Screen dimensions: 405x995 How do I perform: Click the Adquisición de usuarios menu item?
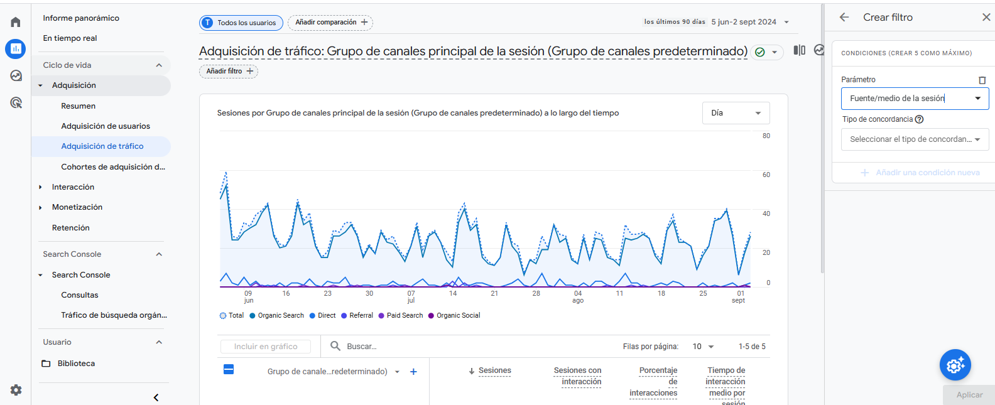[106, 126]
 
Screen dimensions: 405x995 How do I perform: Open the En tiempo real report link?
[70, 38]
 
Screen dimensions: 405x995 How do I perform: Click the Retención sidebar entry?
[71, 228]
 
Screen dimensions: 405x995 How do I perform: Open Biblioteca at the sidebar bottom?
[76, 364]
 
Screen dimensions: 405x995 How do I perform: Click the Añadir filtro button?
[229, 71]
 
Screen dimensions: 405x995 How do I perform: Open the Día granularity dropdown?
[736, 113]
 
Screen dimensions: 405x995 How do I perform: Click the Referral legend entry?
[361, 316]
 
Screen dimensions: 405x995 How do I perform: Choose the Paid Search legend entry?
[404, 316]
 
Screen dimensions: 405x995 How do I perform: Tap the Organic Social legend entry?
[458, 316]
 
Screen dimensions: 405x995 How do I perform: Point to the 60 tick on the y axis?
[766, 175]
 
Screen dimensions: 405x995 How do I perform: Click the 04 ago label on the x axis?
[578, 297]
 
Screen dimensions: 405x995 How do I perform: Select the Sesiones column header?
[494, 371]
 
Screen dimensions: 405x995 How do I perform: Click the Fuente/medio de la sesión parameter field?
[914, 99]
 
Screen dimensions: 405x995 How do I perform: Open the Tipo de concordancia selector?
[914, 139]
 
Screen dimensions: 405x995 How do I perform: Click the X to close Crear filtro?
[986, 18]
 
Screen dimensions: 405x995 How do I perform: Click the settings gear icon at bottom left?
[16, 390]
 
